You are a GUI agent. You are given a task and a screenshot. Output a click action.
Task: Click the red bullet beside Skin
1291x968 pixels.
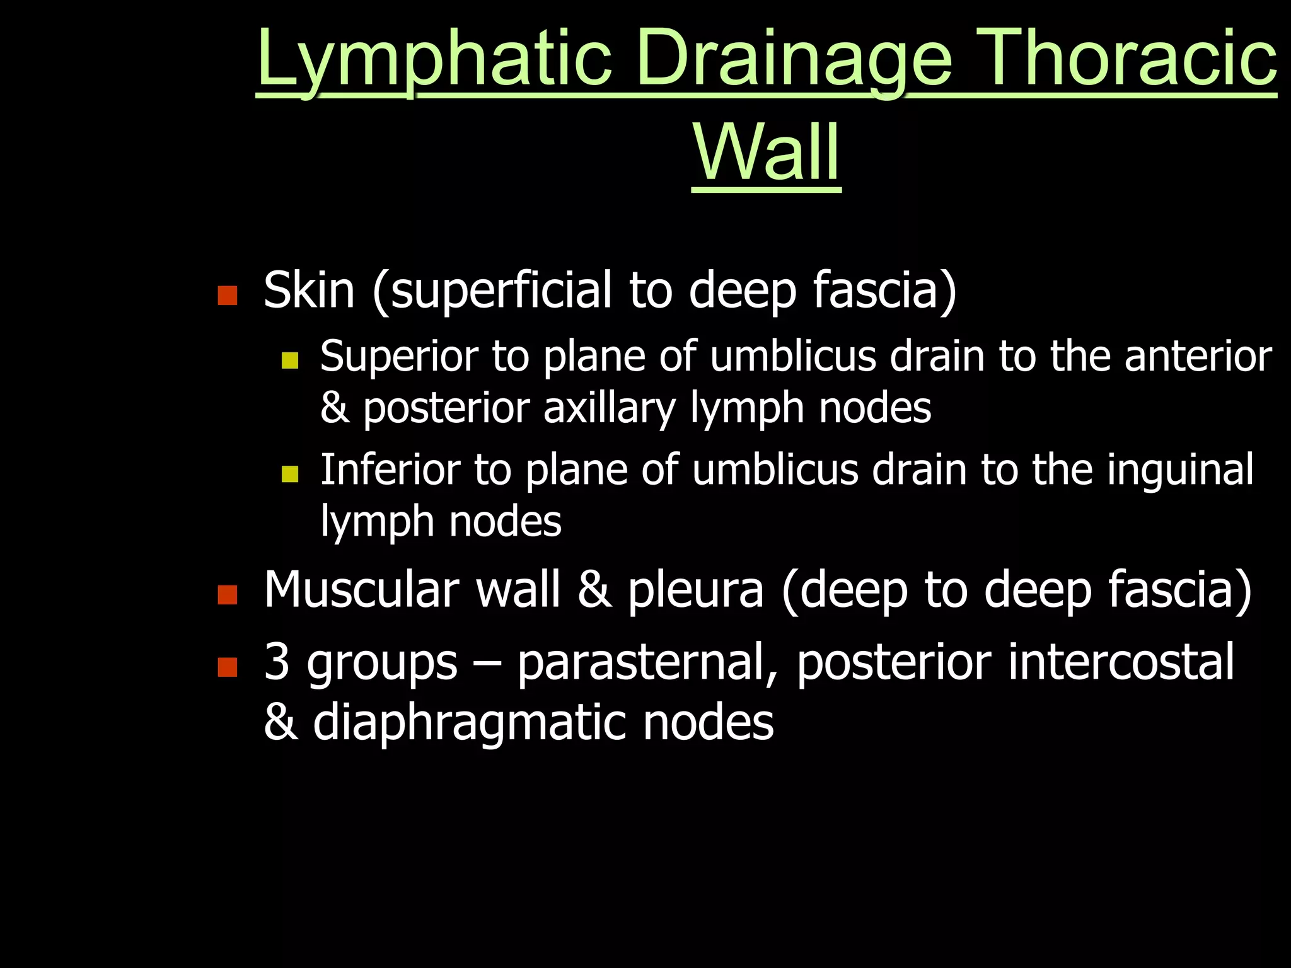(x=227, y=295)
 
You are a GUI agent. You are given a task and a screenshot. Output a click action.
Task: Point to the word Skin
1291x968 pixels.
(x=309, y=291)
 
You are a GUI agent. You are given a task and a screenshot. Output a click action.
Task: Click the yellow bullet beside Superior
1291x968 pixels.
(x=289, y=360)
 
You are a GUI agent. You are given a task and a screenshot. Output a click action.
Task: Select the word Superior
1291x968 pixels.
(x=399, y=357)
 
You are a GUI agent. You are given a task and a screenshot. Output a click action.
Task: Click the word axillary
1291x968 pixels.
(x=610, y=408)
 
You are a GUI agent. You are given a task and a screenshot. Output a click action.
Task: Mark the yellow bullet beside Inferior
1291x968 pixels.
(x=289, y=473)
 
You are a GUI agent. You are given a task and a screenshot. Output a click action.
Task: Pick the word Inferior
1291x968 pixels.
(x=390, y=470)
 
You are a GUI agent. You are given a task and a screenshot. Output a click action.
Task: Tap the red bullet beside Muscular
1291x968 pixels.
(x=227, y=594)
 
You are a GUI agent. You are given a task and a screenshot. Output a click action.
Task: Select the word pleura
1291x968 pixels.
(x=695, y=590)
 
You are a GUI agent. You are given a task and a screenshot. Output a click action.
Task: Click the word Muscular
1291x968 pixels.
(x=361, y=590)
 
